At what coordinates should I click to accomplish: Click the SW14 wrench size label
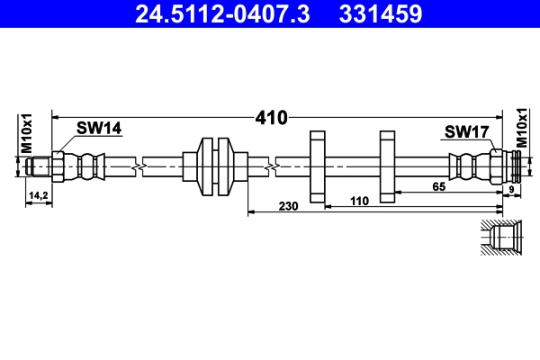pos(99,129)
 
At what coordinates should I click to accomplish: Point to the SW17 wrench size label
pos(466,132)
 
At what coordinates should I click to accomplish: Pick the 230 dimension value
pos(289,206)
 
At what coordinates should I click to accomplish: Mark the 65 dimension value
pos(438,186)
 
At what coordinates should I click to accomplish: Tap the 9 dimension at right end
pos(511,189)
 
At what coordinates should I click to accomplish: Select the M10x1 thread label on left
pos(27,132)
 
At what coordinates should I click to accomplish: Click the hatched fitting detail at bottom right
pos(501,239)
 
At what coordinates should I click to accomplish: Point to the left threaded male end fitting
pos(38,166)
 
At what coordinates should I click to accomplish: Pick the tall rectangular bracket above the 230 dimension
pos(316,166)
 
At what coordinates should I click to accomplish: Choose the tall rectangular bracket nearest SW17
pos(387,166)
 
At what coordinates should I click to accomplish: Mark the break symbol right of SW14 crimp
pos(136,166)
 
